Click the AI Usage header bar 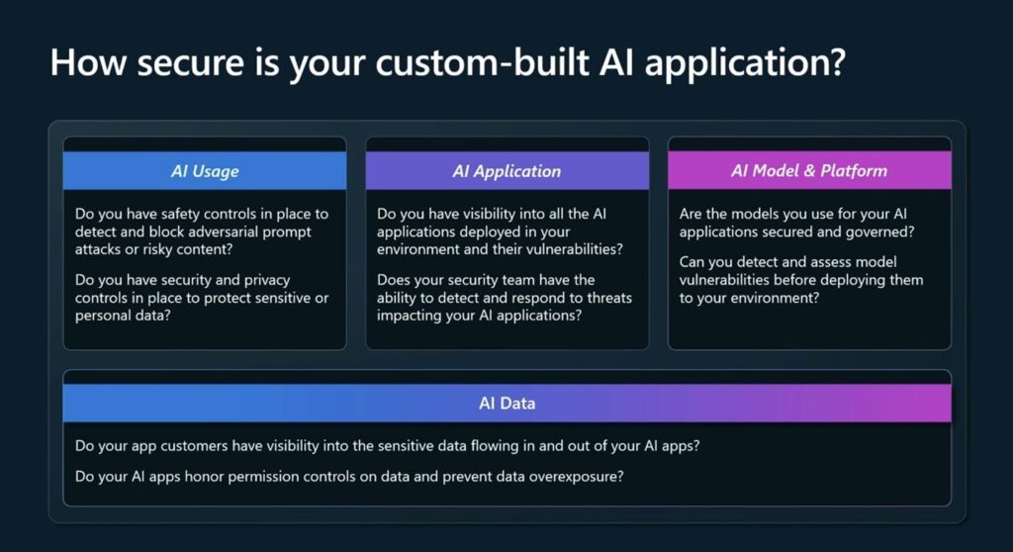click(x=205, y=171)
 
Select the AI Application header click(x=506, y=171)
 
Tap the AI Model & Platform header click(x=809, y=170)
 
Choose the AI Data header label click(x=506, y=403)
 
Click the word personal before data click(x=105, y=316)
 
